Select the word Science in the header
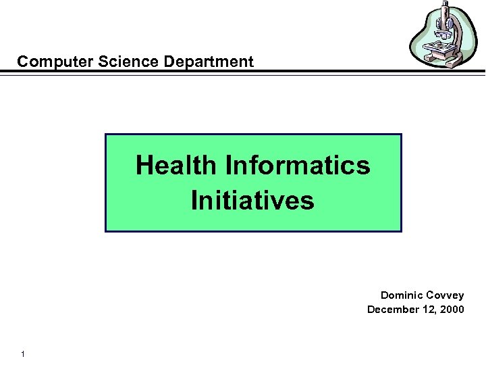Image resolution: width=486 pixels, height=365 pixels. tap(107, 62)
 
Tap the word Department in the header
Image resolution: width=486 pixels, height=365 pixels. tap(196, 62)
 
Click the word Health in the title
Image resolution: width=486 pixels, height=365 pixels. tap(176, 165)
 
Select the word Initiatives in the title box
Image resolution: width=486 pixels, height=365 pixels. tap(252, 201)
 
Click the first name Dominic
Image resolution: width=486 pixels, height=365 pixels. tap(402, 295)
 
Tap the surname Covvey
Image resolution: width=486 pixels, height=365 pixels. tap(446, 295)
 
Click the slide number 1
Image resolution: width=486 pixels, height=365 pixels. tap(23, 354)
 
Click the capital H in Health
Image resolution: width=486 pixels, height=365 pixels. tap(144, 165)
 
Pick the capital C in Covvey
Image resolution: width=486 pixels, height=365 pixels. tap(431, 295)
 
